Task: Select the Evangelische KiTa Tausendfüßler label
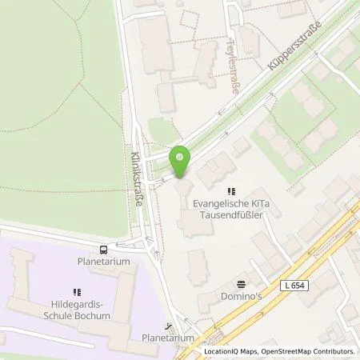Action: [231, 210]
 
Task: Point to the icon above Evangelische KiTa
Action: [231, 191]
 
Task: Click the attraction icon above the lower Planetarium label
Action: [167, 326]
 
